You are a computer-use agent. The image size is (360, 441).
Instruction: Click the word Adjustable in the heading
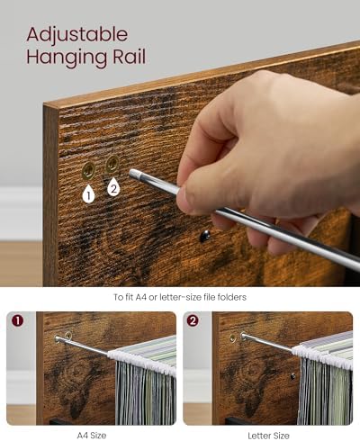(x=77, y=36)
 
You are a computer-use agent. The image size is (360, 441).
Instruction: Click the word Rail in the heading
(x=130, y=57)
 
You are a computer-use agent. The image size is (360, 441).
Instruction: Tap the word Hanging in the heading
(x=67, y=58)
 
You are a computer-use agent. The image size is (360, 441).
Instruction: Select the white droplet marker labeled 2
(x=113, y=186)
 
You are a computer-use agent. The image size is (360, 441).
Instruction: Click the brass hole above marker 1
(x=88, y=171)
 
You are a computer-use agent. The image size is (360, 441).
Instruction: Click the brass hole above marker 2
(x=112, y=164)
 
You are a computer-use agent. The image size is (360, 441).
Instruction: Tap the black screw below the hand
(x=204, y=236)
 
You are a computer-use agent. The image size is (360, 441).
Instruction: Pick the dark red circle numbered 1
(x=18, y=321)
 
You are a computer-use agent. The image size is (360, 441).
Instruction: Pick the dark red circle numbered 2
(x=193, y=321)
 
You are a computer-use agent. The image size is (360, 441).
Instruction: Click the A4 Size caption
(x=92, y=435)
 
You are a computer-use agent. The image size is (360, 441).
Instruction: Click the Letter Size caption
(x=268, y=436)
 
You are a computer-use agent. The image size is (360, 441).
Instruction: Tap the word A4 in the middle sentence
(x=141, y=297)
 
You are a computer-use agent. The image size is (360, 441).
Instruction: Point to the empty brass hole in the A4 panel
(x=68, y=336)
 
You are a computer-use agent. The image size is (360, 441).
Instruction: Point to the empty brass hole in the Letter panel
(x=232, y=337)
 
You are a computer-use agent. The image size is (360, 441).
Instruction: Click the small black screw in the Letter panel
(x=293, y=376)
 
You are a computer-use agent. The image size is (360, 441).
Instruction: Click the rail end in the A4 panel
(x=58, y=338)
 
